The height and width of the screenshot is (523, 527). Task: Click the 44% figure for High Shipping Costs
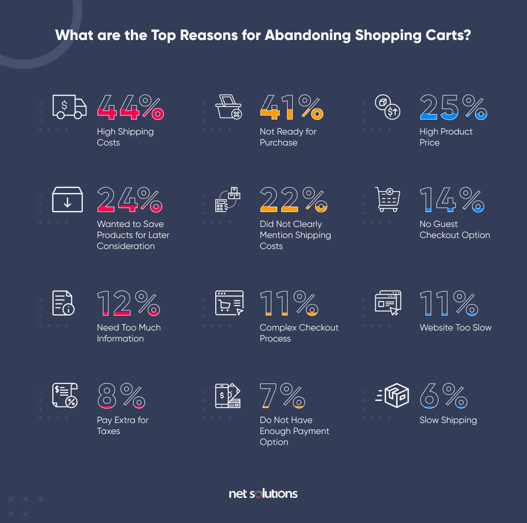tap(130, 107)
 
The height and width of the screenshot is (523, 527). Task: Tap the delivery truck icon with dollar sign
tap(69, 107)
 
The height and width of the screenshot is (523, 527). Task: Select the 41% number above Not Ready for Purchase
tap(291, 107)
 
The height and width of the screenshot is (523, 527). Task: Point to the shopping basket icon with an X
tap(228, 107)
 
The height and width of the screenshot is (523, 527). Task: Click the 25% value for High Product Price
tap(453, 107)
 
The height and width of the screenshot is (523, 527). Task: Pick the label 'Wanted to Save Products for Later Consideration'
tap(133, 235)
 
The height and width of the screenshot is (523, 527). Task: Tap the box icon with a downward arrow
tap(67, 199)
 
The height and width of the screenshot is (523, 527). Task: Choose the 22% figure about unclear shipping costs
tap(293, 199)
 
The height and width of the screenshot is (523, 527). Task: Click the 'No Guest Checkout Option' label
tap(455, 229)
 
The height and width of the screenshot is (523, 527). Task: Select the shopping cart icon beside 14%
tap(388, 199)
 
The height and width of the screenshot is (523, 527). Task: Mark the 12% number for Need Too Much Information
tap(128, 303)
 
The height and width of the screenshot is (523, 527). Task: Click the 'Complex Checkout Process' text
tap(299, 333)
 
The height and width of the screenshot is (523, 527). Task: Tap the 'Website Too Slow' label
tap(456, 327)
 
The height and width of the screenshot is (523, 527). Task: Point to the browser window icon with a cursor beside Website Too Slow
tap(388, 303)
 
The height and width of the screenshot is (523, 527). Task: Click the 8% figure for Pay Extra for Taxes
tap(121, 395)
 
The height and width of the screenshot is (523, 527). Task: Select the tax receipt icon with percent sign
tap(65, 395)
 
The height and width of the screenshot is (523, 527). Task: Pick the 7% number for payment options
tap(282, 395)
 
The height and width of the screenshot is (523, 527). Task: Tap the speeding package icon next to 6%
tap(392, 395)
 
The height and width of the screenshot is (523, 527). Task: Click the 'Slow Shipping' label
tap(448, 420)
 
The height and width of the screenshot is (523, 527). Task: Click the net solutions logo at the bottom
tap(263, 493)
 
